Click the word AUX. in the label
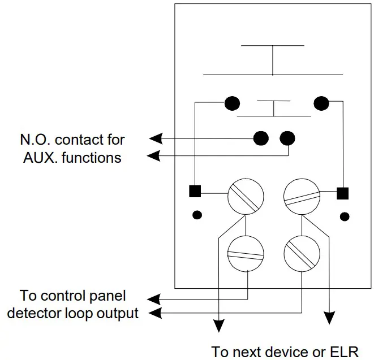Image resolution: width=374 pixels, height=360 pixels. (40, 158)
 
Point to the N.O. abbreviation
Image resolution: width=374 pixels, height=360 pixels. (35, 140)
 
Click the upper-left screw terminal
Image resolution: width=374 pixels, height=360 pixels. (246, 197)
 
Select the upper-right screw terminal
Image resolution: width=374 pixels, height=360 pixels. (302, 197)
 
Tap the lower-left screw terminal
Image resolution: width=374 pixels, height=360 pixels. (246, 254)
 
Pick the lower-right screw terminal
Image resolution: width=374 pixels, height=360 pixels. (302, 254)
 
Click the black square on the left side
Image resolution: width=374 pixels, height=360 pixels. (195, 191)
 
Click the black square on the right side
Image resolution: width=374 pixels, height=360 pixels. (342, 193)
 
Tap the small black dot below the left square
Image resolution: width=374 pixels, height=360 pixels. (197, 215)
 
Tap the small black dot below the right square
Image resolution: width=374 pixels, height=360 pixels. (345, 216)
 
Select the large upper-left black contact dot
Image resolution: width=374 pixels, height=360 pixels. (232, 103)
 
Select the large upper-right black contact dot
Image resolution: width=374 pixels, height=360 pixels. (321, 103)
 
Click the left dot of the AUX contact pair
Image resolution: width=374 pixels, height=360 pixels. (261, 138)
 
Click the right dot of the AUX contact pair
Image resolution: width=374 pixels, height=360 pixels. (287, 138)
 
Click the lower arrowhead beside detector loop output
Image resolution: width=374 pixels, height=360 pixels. (155, 313)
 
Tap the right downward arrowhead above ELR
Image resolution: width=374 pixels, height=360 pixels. (329, 318)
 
